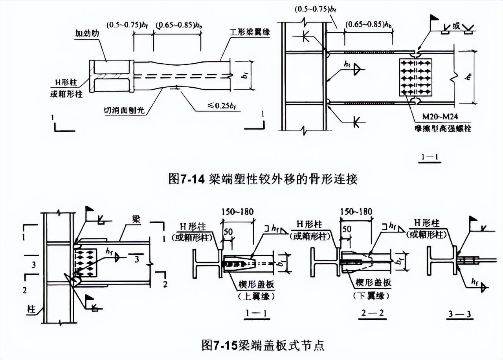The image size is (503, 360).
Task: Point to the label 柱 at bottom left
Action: (x=31, y=309)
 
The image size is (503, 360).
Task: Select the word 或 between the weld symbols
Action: (x=456, y=26)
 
